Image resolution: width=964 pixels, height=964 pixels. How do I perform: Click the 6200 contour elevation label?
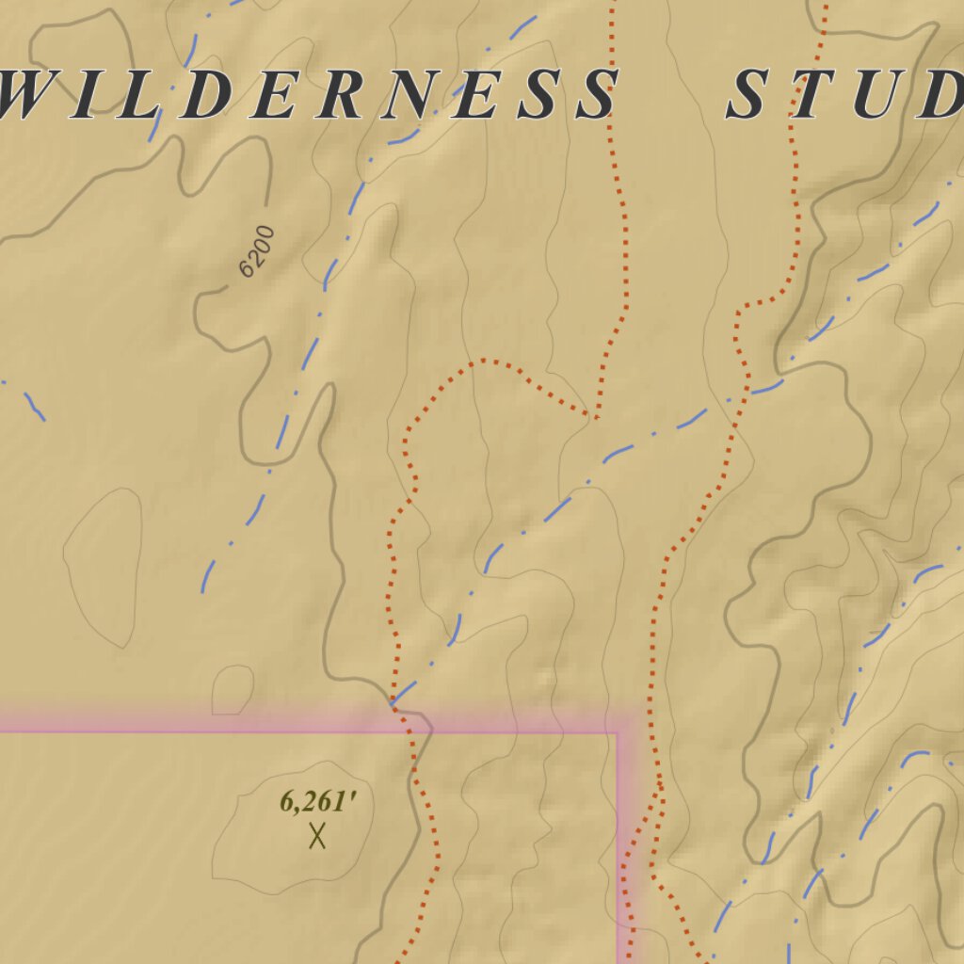[256, 252]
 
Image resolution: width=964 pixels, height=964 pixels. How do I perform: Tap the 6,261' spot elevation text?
[318, 803]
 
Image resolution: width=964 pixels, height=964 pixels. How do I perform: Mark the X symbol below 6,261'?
[317, 835]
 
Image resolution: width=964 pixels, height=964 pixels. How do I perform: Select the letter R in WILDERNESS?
[323, 95]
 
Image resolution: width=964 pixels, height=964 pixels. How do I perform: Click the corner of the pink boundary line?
[619, 731]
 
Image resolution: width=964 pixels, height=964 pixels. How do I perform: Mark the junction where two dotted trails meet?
[595, 415]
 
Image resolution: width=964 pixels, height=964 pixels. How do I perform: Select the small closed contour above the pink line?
[233, 689]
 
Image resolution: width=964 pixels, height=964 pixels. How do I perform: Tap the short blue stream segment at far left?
[33, 404]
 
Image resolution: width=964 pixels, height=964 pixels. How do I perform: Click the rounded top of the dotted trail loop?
[482, 360]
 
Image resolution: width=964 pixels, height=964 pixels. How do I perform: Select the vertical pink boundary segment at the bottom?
[621, 847]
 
